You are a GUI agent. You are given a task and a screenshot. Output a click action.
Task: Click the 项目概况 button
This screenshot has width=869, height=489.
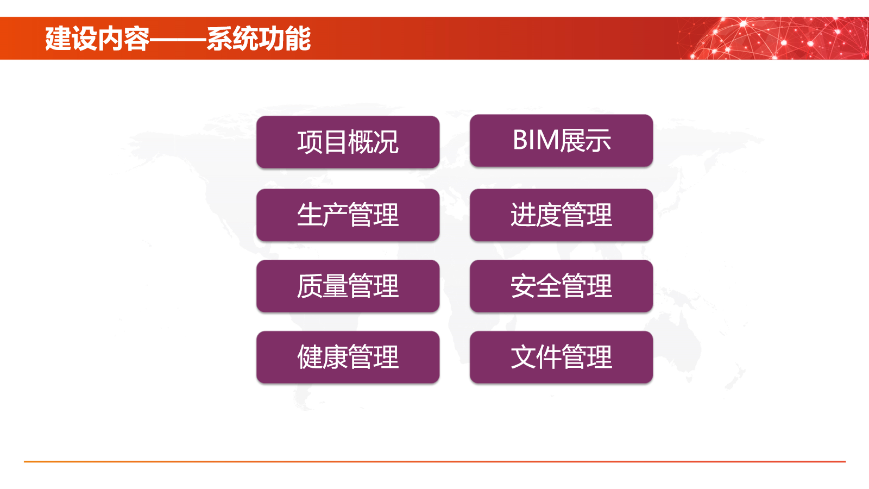(348, 142)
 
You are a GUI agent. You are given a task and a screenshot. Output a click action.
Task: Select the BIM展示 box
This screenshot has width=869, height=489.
(562, 141)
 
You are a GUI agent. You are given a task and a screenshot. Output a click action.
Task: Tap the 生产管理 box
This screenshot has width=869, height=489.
(348, 215)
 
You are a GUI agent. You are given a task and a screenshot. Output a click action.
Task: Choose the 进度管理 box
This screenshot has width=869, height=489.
(562, 215)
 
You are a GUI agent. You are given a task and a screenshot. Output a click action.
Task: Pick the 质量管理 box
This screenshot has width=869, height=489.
(348, 286)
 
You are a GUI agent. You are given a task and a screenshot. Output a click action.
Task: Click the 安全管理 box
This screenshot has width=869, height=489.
(562, 286)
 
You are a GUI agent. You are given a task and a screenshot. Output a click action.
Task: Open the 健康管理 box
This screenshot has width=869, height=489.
(348, 357)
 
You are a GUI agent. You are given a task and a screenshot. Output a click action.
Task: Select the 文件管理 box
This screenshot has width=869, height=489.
(562, 357)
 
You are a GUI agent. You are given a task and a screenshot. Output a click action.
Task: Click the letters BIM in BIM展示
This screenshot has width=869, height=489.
(536, 140)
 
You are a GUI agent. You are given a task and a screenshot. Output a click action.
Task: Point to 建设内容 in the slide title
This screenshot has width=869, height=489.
(97, 39)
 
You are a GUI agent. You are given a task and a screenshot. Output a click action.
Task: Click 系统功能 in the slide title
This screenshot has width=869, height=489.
(259, 39)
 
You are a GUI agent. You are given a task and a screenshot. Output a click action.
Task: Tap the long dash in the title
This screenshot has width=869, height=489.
(178, 39)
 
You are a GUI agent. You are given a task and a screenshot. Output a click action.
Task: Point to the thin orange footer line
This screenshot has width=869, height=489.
(434, 461)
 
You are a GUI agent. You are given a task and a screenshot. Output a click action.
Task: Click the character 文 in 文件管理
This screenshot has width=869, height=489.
(524, 357)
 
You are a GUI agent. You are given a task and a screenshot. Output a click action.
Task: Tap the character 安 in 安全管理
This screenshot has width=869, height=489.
(524, 286)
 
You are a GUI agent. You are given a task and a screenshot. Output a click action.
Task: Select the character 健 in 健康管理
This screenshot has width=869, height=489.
(310, 357)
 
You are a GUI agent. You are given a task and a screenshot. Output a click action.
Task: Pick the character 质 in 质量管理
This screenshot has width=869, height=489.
(310, 286)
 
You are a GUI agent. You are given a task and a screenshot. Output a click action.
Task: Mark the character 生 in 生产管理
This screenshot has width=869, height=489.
(310, 215)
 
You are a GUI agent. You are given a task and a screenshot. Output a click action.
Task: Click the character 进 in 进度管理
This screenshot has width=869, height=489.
(524, 215)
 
